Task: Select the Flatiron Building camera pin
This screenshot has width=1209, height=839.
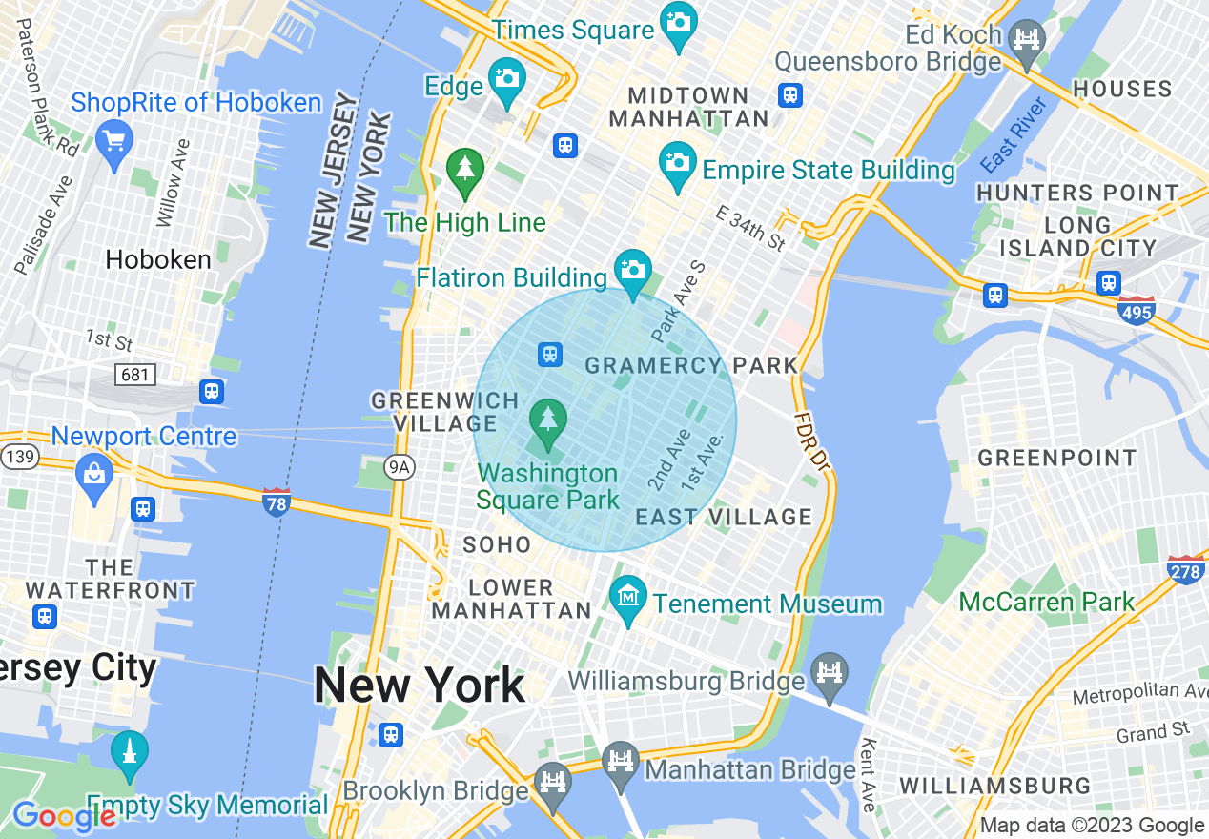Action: pyautogui.click(x=632, y=271)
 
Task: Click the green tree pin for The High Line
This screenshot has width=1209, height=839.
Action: pyautogui.click(x=465, y=170)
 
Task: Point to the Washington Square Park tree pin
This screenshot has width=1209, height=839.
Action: pyautogui.click(x=547, y=420)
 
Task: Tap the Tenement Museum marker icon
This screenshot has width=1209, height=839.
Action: pyautogui.click(x=628, y=598)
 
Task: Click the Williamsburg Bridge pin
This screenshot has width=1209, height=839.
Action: pyautogui.click(x=829, y=673)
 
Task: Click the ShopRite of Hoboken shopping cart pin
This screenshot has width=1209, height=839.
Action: pyautogui.click(x=113, y=142)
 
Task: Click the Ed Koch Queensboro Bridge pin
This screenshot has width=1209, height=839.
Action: pyautogui.click(x=1027, y=41)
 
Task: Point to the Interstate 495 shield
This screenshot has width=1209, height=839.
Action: pyautogui.click(x=1137, y=311)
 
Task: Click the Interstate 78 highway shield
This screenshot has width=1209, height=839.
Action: pyautogui.click(x=277, y=501)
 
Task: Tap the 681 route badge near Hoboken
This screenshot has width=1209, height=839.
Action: pyautogui.click(x=134, y=375)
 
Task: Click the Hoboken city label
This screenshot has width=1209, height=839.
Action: pyautogui.click(x=158, y=259)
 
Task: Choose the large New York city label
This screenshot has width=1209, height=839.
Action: pyautogui.click(x=420, y=685)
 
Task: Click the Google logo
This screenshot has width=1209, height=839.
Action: pyautogui.click(x=63, y=816)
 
